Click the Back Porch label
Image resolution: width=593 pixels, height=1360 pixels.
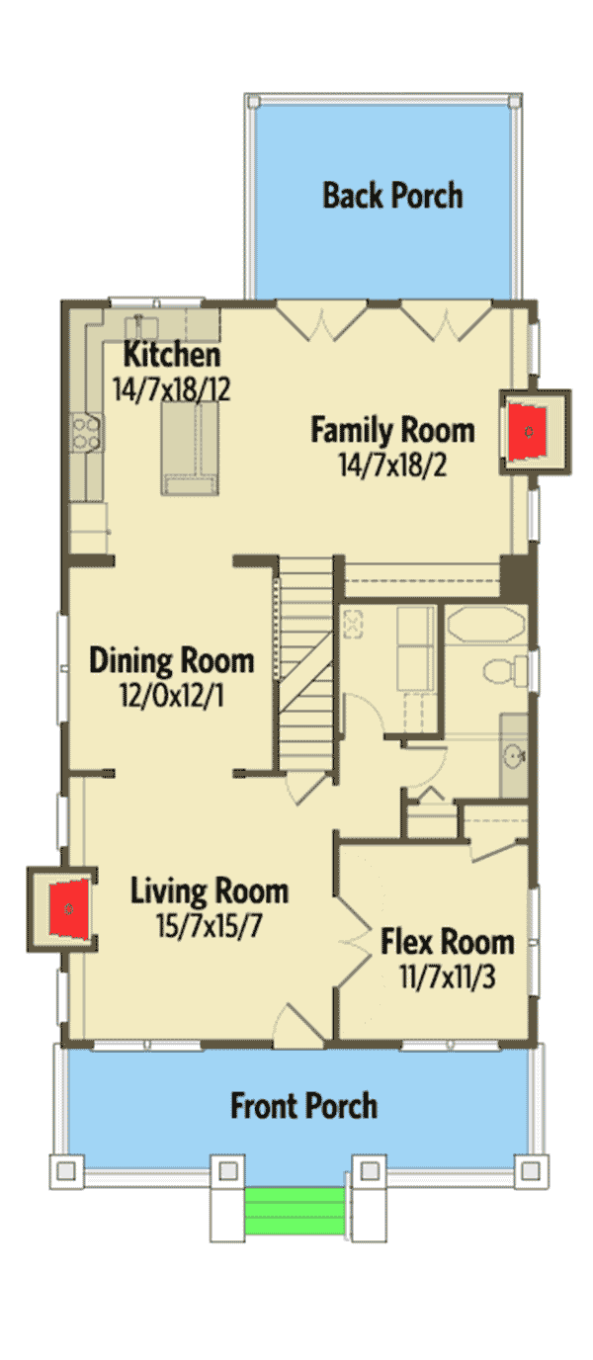(x=392, y=196)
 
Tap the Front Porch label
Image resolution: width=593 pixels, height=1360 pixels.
(x=304, y=1106)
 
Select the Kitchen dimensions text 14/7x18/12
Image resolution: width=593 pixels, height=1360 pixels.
(x=172, y=389)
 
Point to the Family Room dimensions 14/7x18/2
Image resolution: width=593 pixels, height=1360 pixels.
(x=392, y=466)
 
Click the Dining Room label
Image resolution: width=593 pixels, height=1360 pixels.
(x=172, y=660)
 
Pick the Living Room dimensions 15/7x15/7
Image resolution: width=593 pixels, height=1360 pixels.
(x=210, y=926)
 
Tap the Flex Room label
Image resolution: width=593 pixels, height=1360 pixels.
(x=448, y=942)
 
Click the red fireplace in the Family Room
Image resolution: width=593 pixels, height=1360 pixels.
(x=527, y=432)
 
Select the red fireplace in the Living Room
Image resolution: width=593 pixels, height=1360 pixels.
(x=69, y=909)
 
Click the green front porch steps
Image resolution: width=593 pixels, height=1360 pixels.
(x=295, y=1211)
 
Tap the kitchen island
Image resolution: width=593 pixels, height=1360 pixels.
(x=190, y=448)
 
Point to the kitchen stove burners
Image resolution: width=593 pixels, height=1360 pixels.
(x=86, y=432)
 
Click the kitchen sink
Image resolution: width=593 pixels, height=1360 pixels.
(x=141, y=326)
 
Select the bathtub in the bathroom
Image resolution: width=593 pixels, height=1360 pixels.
(x=485, y=624)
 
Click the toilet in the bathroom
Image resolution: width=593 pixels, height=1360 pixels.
(x=505, y=670)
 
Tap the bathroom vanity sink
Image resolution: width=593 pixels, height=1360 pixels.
(x=514, y=756)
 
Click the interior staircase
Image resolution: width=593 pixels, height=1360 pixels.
(x=306, y=665)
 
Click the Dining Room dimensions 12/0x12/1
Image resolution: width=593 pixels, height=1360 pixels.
(x=172, y=695)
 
